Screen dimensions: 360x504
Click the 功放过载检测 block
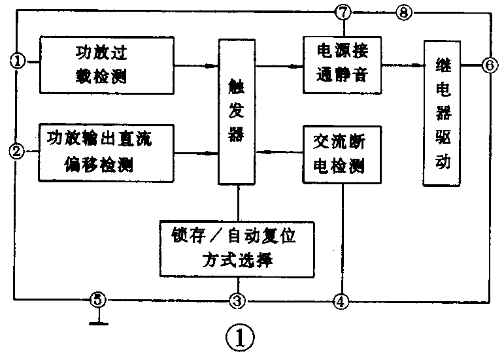(x=109, y=65)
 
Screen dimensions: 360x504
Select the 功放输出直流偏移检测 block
(x=109, y=152)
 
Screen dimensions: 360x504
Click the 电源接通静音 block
(x=341, y=62)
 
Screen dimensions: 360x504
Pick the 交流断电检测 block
(x=341, y=154)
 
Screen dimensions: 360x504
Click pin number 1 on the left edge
(x=18, y=61)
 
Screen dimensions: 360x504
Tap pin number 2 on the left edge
(x=18, y=152)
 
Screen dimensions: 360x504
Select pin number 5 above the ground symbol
(x=97, y=301)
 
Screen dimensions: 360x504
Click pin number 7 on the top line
(x=344, y=11)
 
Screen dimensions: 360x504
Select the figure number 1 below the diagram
(x=239, y=338)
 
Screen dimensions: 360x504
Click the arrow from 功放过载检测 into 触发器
(x=207, y=65)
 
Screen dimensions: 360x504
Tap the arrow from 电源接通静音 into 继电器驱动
(x=414, y=65)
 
